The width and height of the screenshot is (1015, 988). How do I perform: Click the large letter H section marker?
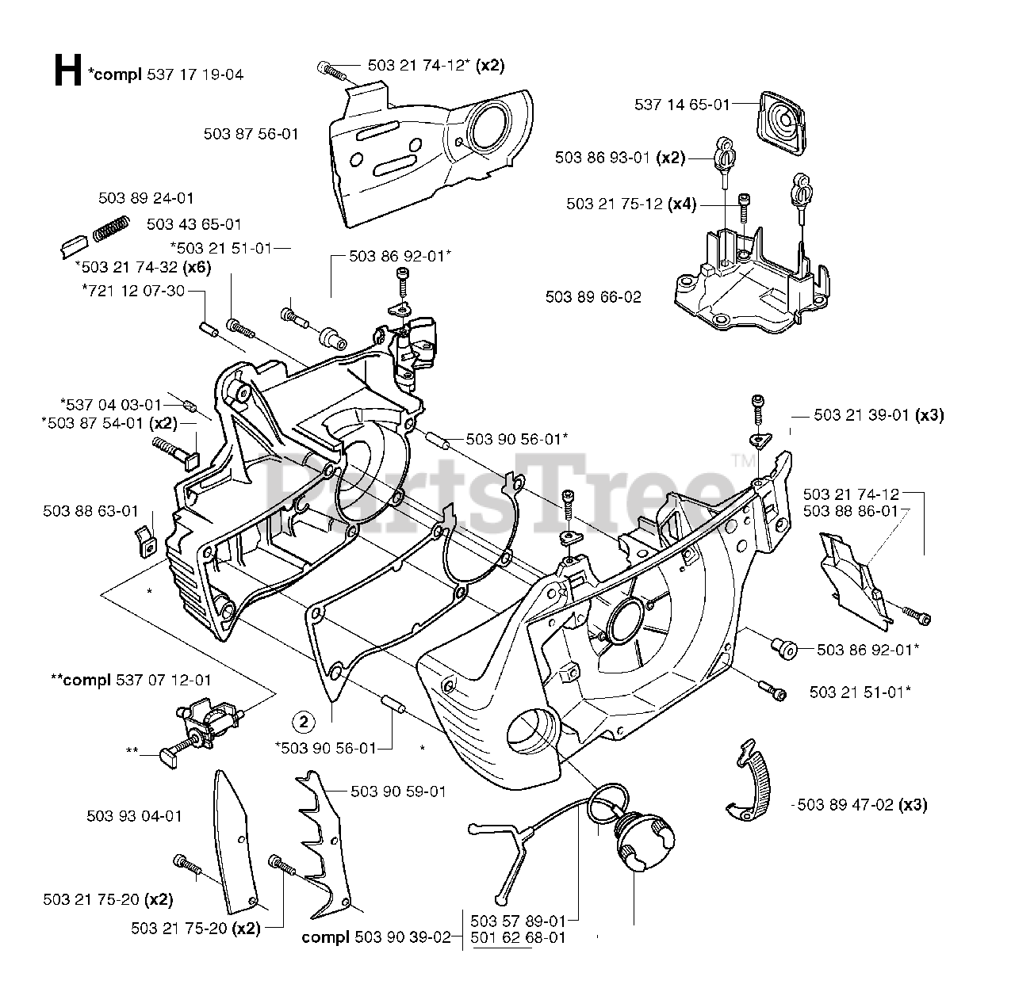point(67,71)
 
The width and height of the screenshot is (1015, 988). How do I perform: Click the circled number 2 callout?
point(304,721)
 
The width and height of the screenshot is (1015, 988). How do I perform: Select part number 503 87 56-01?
point(251,134)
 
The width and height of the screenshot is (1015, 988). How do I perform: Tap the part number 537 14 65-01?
point(682,104)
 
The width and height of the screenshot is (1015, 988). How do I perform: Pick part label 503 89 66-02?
point(593,297)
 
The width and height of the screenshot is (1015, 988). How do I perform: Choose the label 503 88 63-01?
point(90,511)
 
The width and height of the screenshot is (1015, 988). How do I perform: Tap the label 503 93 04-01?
point(133,815)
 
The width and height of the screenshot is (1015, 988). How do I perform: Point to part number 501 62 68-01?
point(518,938)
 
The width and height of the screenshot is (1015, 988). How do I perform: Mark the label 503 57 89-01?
point(518,921)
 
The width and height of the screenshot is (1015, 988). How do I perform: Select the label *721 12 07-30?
point(132,291)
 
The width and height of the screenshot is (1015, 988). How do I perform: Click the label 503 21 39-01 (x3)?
point(879,414)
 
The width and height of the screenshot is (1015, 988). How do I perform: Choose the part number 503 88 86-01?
point(850,511)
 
